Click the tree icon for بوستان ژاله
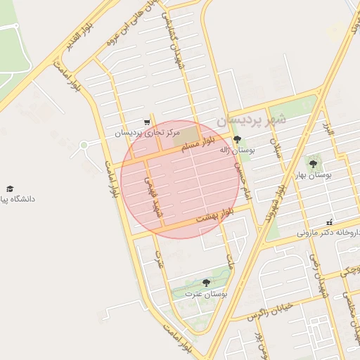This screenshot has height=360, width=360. click(237, 139)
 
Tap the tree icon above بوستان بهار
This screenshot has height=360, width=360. click(313, 164)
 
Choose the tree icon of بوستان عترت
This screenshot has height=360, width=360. click(206, 283)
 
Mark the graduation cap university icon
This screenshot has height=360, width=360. click(10, 189)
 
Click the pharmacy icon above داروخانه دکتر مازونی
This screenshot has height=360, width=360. click(330, 222)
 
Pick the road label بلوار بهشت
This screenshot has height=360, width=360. click(213, 215)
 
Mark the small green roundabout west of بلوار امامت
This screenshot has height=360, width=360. click(84, 146)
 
